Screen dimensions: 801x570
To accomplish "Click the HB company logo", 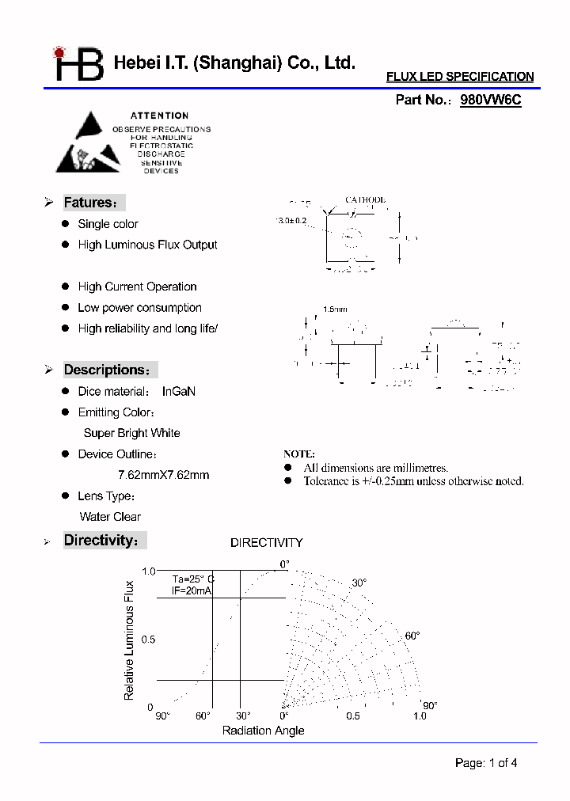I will click(x=78, y=64).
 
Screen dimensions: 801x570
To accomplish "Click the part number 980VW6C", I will click(x=490, y=101).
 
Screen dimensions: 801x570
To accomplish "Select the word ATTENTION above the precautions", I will click(x=159, y=116).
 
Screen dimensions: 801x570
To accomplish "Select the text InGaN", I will click(x=178, y=391).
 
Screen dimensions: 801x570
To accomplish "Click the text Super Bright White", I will click(x=131, y=433).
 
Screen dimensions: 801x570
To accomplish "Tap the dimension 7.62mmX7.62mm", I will click(x=163, y=475).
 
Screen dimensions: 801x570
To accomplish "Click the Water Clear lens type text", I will click(x=110, y=517).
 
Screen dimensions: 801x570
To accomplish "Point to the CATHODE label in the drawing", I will click(x=365, y=200).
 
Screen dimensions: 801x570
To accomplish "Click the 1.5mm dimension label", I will click(x=335, y=309).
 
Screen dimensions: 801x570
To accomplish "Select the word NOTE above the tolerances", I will click(x=298, y=454).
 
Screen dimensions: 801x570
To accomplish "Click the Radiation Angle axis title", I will click(x=263, y=731).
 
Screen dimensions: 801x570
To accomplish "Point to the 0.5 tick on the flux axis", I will click(x=149, y=640).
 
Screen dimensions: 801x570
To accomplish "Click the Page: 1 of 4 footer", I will click(x=486, y=763).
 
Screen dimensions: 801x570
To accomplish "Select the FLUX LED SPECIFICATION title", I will click(x=459, y=77).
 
